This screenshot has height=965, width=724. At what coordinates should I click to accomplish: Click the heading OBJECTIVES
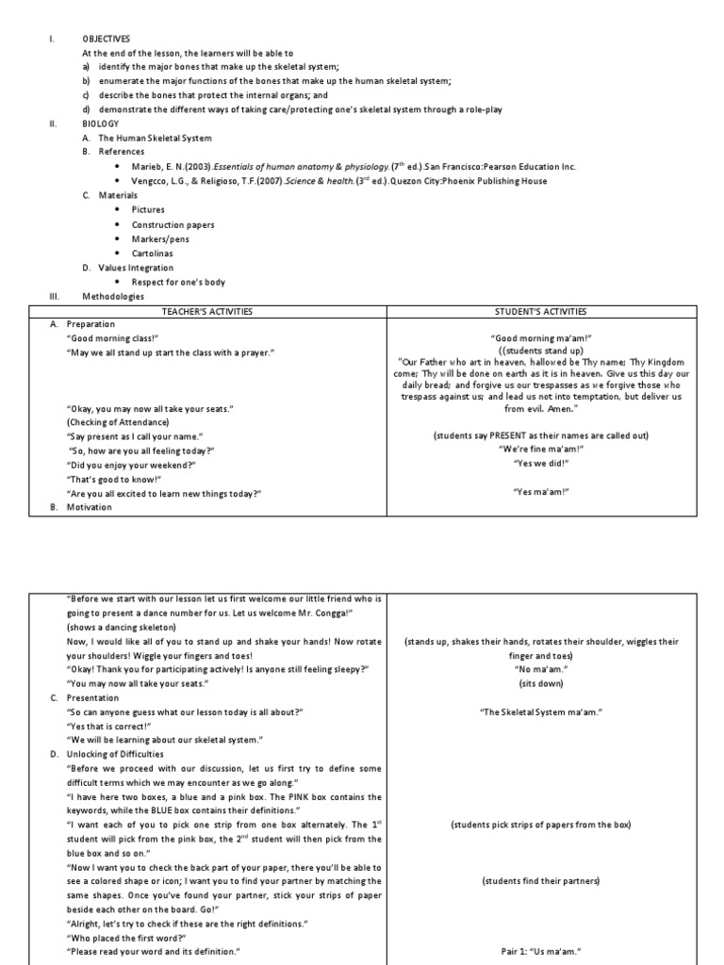point(106,39)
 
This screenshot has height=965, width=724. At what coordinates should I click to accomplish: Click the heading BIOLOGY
point(101,123)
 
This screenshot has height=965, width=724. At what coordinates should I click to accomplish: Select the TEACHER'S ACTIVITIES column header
point(207,310)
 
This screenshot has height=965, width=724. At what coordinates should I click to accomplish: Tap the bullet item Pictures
point(148,210)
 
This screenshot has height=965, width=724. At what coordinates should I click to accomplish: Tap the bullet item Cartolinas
point(152,254)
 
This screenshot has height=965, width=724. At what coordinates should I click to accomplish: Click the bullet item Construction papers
point(173,224)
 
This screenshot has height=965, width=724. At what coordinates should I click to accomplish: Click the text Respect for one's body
point(178,282)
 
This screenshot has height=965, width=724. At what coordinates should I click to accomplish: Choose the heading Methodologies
point(113,296)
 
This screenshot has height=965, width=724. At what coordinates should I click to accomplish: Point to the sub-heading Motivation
point(89,507)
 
